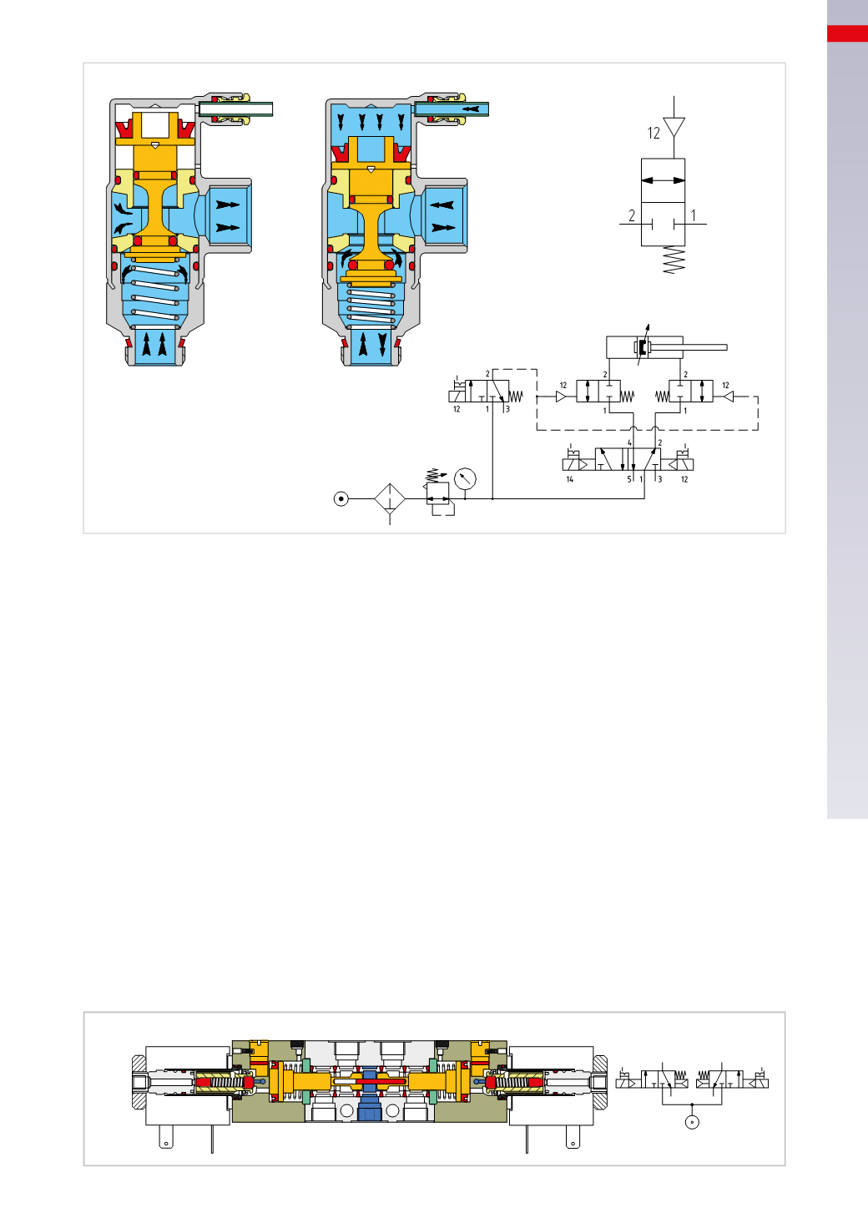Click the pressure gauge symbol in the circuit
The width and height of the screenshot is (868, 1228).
[x=465, y=478]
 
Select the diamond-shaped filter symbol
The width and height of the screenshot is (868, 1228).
[x=390, y=499]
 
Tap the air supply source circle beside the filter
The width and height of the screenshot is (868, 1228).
[x=341, y=499]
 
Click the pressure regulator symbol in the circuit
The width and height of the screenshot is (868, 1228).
[x=438, y=493]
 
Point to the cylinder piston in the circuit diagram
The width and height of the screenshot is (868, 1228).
[x=642, y=347]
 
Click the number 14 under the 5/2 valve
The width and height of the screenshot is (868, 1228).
[x=570, y=479]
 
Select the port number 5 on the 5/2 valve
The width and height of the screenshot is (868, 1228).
[x=629, y=479]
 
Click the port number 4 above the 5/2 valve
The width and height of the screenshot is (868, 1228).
[x=629, y=442]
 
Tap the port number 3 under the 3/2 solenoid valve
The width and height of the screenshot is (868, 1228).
[x=507, y=409]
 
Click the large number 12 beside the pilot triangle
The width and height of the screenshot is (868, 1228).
[x=654, y=134]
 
